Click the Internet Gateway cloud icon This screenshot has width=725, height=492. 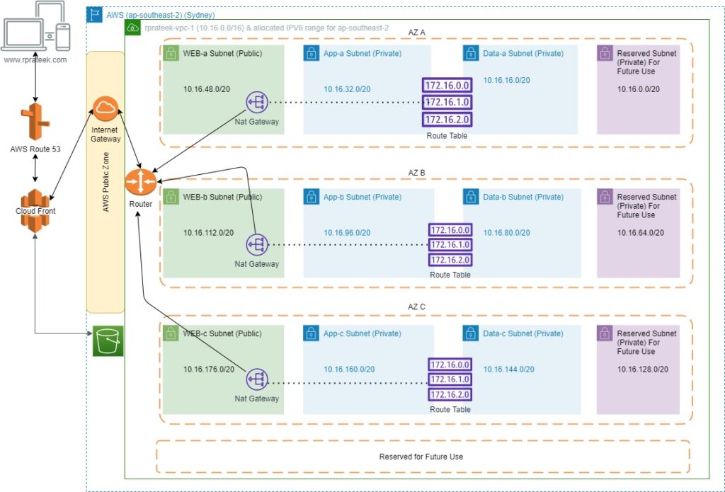pyautogui.click(x=105, y=109)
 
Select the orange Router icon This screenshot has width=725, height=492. pyautogui.click(x=139, y=181)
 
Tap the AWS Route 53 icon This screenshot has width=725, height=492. pyautogui.click(x=35, y=121)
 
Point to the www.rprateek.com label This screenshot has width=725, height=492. pyautogui.click(x=35, y=60)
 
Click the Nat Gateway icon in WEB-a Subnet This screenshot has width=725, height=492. pyautogui.click(x=257, y=103)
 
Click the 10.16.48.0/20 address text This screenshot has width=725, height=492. pyautogui.click(x=207, y=89)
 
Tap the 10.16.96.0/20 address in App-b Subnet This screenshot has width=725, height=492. pyautogui.click(x=347, y=232)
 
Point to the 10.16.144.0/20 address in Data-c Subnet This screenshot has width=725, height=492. pyautogui.click(x=508, y=369)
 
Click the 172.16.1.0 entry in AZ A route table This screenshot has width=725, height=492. pyautogui.click(x=447, y=102)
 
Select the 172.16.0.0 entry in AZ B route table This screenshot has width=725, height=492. pyautogui.click(x=450, y=230)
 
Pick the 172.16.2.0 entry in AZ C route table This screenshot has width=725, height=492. pyautogui.click(x=450, y=394)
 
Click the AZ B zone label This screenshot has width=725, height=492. pyautogui.click(x=417, y=172)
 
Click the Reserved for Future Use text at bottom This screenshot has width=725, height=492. pyautogui.click(x=421, y=457)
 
